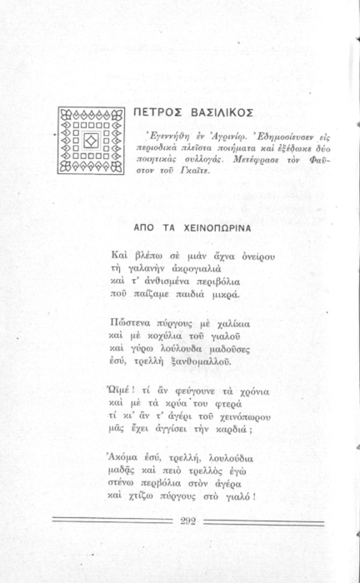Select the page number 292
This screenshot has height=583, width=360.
click(188, 521)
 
